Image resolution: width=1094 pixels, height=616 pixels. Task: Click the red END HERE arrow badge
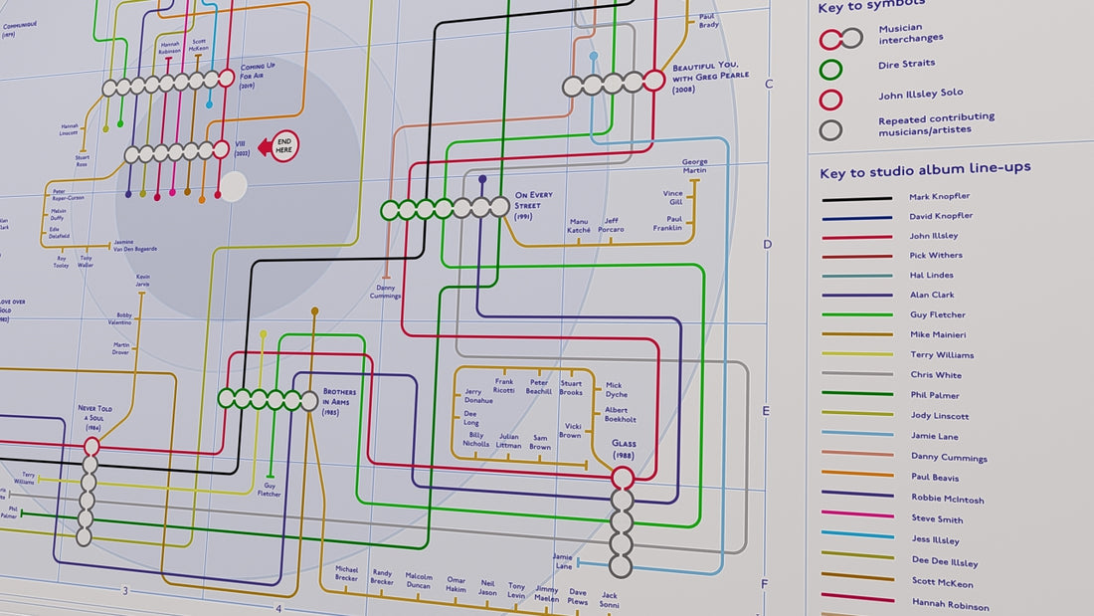click(x=279, y=146)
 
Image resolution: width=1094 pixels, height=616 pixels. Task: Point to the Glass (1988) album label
click(x=624, y=449)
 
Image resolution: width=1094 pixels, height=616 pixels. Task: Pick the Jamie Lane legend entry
click(x=934, y=436)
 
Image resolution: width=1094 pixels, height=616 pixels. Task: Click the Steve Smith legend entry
click(x=936, y=518)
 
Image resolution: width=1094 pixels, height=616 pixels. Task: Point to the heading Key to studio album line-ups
click(x=924, y=170)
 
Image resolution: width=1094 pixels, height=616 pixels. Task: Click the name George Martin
click(x=694, y=166)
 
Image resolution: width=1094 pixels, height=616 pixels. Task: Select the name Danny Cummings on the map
click(x=386, y=292)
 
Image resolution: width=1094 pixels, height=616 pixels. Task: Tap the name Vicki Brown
click(x=570, y=430)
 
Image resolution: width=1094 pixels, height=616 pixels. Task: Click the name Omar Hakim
click(x=456, y=584)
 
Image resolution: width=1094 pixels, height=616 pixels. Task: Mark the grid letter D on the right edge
click(x=767, y=244)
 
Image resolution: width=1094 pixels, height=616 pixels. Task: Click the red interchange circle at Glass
click(x=623, y=477)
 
